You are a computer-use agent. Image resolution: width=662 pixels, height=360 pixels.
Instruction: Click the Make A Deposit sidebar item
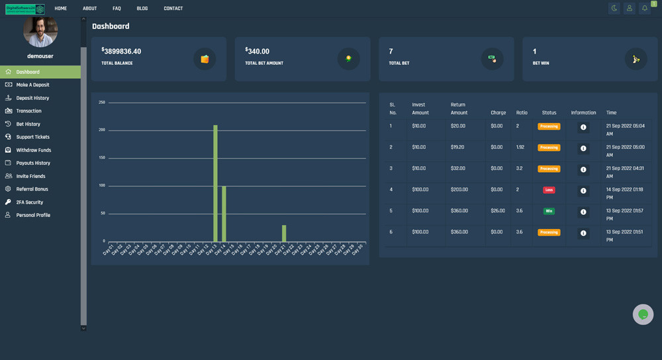tap(32, 85)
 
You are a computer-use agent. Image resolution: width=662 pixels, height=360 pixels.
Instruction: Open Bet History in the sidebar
tap(28, 124)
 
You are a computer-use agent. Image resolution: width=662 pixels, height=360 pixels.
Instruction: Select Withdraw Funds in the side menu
tap(33, 150)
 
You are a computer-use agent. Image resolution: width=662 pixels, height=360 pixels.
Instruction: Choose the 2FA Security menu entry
tap(29, 202)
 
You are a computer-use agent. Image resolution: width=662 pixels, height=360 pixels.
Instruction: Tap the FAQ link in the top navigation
tap(117, 9)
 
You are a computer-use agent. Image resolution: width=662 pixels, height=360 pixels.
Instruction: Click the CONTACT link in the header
tap(173, 9)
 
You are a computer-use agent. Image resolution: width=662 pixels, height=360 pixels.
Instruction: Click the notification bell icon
tap(644, 9)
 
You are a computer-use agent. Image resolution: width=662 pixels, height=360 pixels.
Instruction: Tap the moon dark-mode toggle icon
tap(614, 9)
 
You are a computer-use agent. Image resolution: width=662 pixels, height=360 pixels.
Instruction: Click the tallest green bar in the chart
tap(215, 183)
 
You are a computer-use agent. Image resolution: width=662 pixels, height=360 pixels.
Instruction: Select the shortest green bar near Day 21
tap(284, 233)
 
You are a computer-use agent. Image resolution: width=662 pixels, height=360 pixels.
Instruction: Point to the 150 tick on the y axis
tap(102, 158)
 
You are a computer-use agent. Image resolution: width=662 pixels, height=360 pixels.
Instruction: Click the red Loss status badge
tap(549, 190)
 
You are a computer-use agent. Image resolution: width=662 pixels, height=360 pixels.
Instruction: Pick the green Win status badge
tap(549, 211)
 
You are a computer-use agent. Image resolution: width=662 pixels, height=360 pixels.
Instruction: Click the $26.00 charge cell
tap(497, 211)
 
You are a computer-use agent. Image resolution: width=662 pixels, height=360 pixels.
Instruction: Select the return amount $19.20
tap(458, 148)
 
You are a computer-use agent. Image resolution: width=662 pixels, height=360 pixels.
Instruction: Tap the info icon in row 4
tap(583, 191)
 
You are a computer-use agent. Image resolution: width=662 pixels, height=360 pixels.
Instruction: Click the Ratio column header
tap(522, 112)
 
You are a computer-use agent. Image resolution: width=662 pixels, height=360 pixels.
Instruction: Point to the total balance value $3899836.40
tap(122, 52)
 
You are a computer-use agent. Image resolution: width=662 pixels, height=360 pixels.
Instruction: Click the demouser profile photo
tap(40, 30)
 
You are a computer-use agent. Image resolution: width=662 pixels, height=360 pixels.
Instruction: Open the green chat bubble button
tap(643, 314)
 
